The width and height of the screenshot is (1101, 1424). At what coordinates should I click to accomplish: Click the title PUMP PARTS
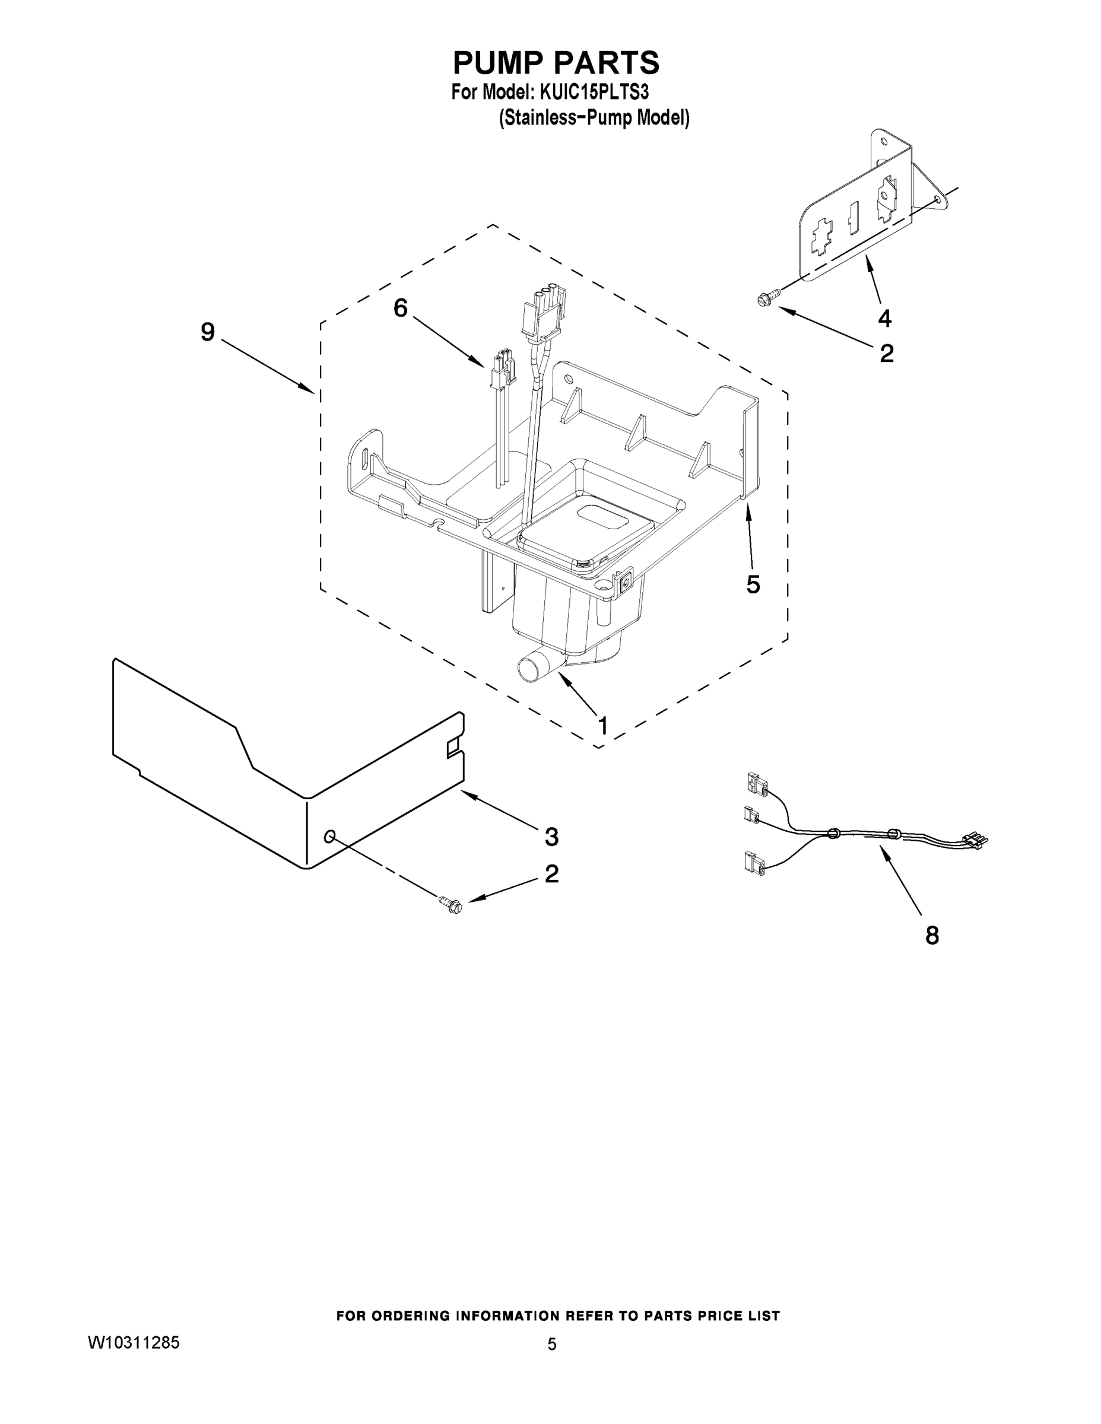[x=556, y=63]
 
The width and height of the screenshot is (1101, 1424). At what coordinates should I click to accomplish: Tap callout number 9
[x=207, y=332]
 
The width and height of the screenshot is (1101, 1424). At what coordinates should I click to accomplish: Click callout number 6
[x=401, y=308]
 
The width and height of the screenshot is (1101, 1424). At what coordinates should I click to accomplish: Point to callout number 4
[x=884, y=318]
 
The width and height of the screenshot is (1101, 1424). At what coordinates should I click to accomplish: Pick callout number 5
[x=753, y=584]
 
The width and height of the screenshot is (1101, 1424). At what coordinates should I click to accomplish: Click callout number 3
[x=551, y=837]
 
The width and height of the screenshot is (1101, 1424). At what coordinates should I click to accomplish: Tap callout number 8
[x=932, y=936]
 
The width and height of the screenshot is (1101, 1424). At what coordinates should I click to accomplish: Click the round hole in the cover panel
[x=330, y=836]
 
